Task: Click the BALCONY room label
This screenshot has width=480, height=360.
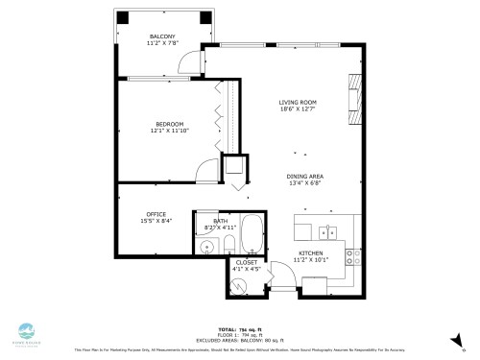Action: pyautogui.click(x=160, y=37)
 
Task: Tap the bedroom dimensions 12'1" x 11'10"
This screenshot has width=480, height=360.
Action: pyautogui.click(x=169, y=130)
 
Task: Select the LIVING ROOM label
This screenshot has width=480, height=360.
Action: pyautogui.click(x=298, y=103)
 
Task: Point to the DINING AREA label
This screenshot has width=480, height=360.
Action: pyautogui.click(x=304, y=176)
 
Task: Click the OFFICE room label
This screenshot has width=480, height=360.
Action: pyautogui.click(x=157, y=214)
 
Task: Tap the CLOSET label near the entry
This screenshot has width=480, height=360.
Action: pyautogui.click(x=247, y=261)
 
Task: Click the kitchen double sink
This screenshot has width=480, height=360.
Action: pyautogui.click(x=329, y=231)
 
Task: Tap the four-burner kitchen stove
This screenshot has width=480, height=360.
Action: pyautogui.click(x=354, y=256)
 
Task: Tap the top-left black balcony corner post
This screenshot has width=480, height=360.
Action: pyautogui.click(x=121, y=17)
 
